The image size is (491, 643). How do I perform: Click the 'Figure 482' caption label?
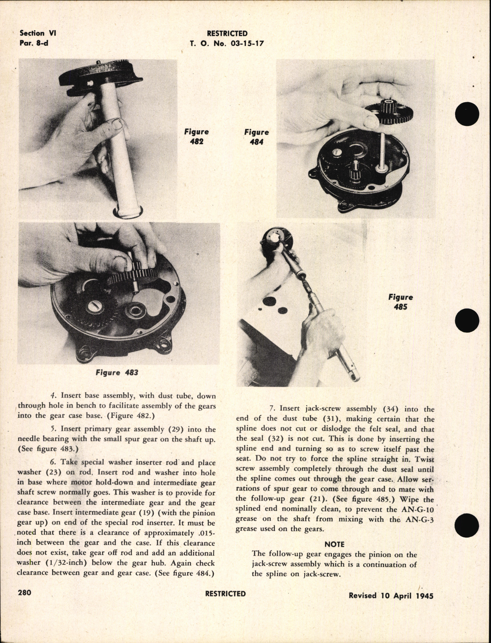(196, 137)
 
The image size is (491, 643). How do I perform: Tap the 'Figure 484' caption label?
(256, 137)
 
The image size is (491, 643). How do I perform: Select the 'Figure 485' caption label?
(400, 302)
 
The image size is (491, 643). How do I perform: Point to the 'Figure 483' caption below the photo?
(117, 372)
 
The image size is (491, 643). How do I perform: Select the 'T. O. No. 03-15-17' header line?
(227, 44)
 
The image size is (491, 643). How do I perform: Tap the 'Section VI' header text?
(38, 34)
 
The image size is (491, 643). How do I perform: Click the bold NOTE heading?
(334, 544)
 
